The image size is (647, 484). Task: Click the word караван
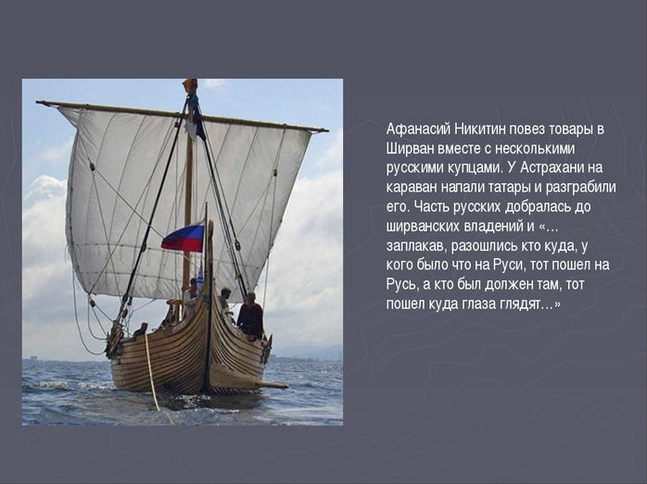pos(412,188)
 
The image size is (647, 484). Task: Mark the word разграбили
pos(580,188)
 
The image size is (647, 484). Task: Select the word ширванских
pos(423,226)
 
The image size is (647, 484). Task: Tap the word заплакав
pos(416,246)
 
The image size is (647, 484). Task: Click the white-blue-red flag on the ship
pos(183,238)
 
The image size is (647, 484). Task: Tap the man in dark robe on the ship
pos(250,316)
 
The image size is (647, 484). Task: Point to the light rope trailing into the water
pos(152,371)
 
